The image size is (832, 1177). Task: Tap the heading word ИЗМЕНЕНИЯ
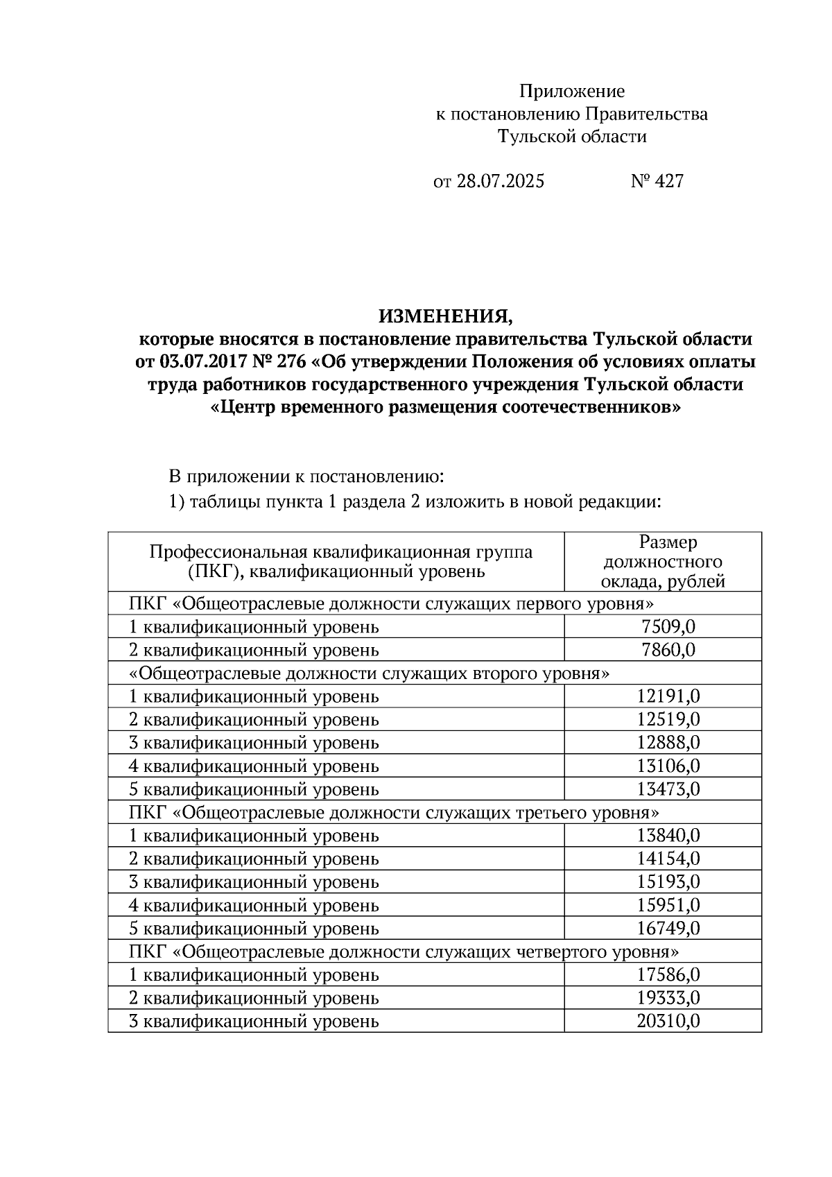tap(445, 317)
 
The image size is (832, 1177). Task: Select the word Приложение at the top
tap(572, 92)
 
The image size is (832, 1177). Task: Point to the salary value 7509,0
tap(668, 627)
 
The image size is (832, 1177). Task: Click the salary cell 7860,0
tap(668, 651)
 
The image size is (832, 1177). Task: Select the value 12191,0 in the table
tap(668, 696)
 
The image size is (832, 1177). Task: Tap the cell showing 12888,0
tap(668, 743)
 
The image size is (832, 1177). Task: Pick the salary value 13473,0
tap(668, 789)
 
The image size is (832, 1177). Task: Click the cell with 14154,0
tap(668, 859)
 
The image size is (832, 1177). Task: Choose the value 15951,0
tap(668, 905)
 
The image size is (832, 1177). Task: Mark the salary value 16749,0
tap(668, 929)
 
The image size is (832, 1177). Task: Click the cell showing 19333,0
tap(668, 998)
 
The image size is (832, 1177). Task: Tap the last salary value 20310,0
tap(668, 1022)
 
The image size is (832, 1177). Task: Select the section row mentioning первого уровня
tap(392, 603)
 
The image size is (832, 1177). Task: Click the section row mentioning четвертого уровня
tap(404, 952)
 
